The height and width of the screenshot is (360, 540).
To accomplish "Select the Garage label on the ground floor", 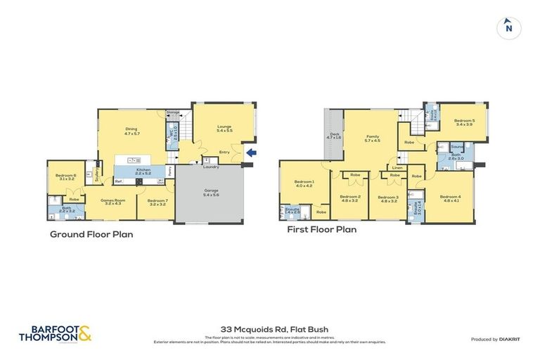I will pos(210,191).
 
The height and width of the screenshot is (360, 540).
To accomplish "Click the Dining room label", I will pos(131,130).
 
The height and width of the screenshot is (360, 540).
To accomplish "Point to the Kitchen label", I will pos(144,171).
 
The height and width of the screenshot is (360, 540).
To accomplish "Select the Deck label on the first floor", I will pos(333,136).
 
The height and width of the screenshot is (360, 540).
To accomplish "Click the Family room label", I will pos(372,139).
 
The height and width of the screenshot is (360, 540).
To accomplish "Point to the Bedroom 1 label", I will pos(303,184).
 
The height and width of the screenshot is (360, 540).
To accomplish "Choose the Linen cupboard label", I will pos(397,168).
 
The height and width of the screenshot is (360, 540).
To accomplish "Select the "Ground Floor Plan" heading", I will pos(91,234).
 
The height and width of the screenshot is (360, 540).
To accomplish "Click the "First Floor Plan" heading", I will pos(321,229).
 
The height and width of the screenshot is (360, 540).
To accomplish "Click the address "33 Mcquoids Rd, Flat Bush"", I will pos(270,328).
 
